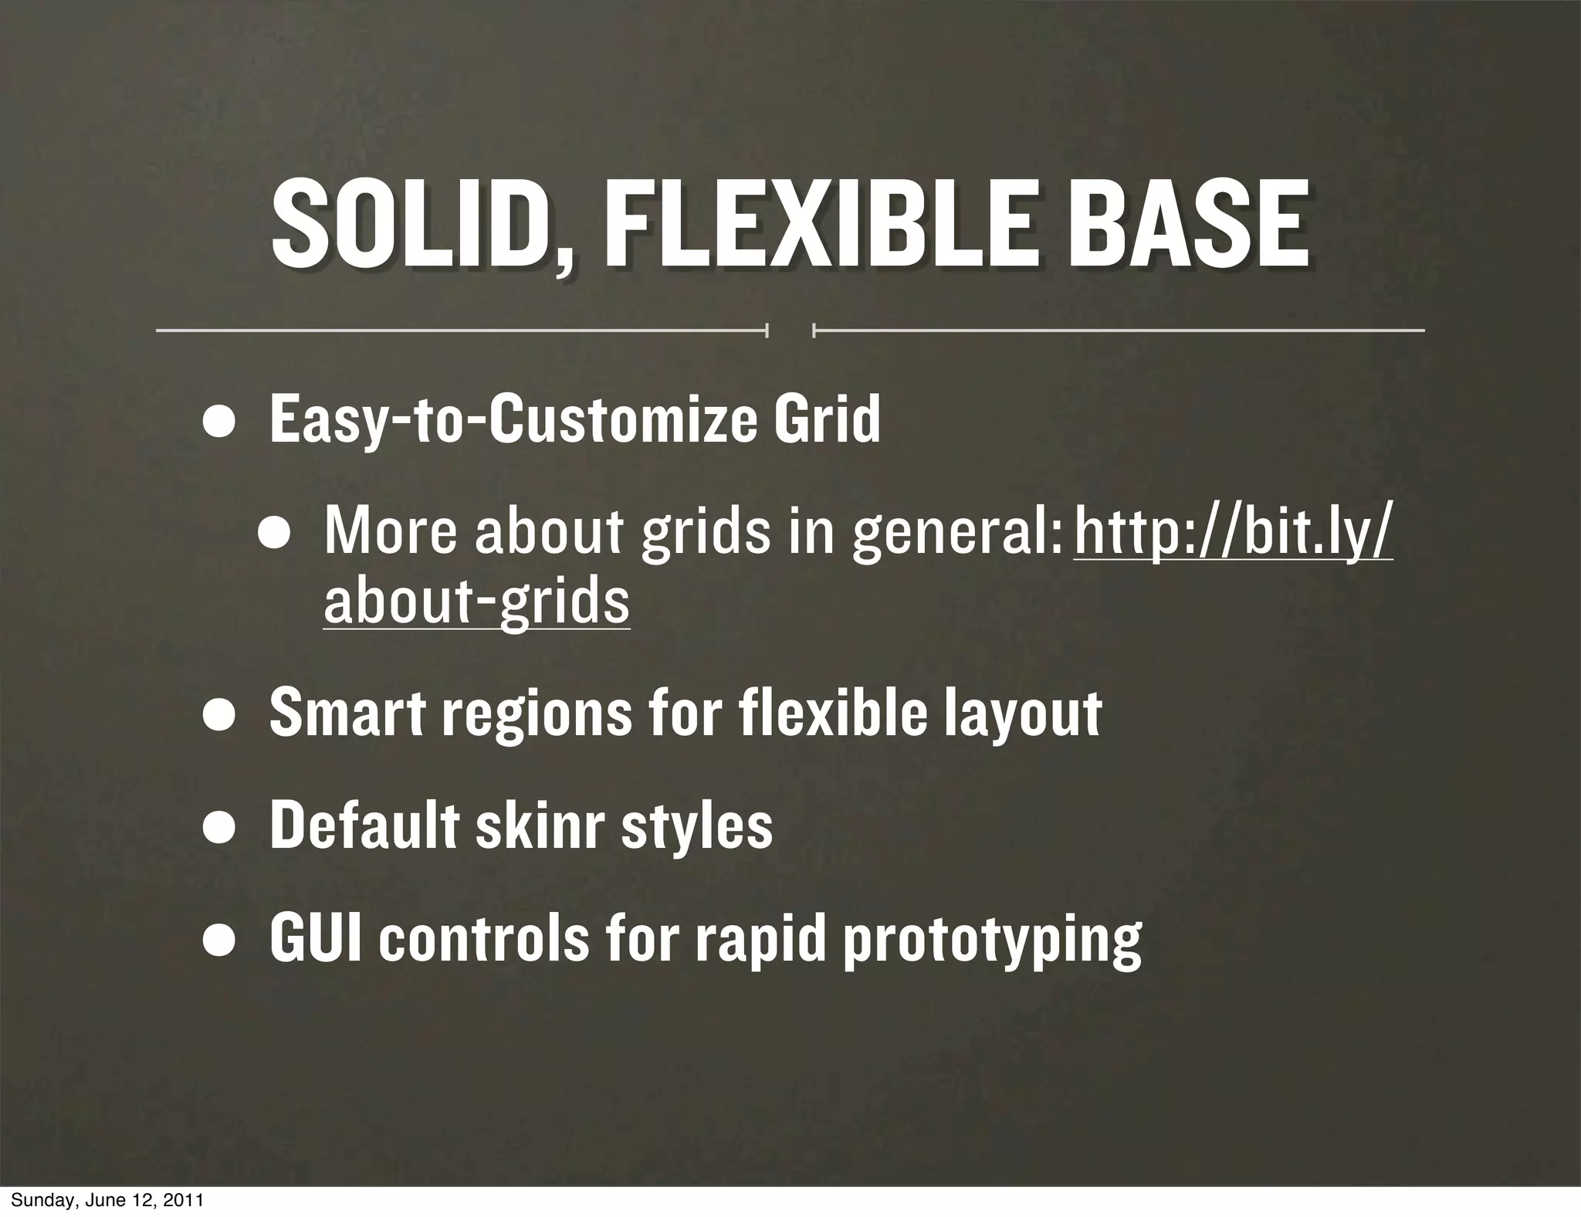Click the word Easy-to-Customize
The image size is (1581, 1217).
[510, 421]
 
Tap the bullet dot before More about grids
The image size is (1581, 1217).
[274, 535]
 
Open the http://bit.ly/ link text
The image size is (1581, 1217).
[1233, 533]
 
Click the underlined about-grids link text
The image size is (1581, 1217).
[476, 602]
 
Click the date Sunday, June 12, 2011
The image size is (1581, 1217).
[107, 1201]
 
